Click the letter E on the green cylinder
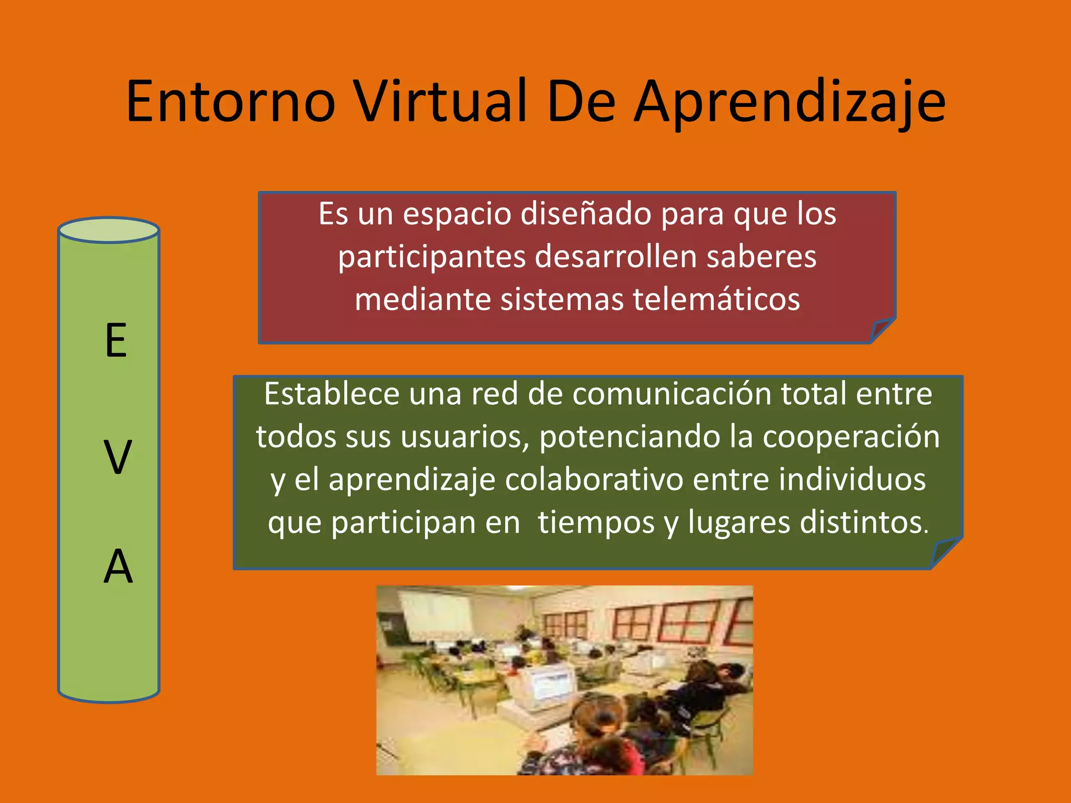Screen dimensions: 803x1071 (116, 341)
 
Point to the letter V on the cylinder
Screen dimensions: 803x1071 (117, 458)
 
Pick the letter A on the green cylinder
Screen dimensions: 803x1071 (118, 567)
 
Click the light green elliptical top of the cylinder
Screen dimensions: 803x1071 (108, 231)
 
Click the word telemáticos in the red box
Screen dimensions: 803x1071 (716, 300)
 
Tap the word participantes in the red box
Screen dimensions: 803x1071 (431, 257)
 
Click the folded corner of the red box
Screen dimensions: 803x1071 (881, 330)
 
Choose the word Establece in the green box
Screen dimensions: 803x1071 (332, 394)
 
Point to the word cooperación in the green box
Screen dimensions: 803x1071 (851, 437)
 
